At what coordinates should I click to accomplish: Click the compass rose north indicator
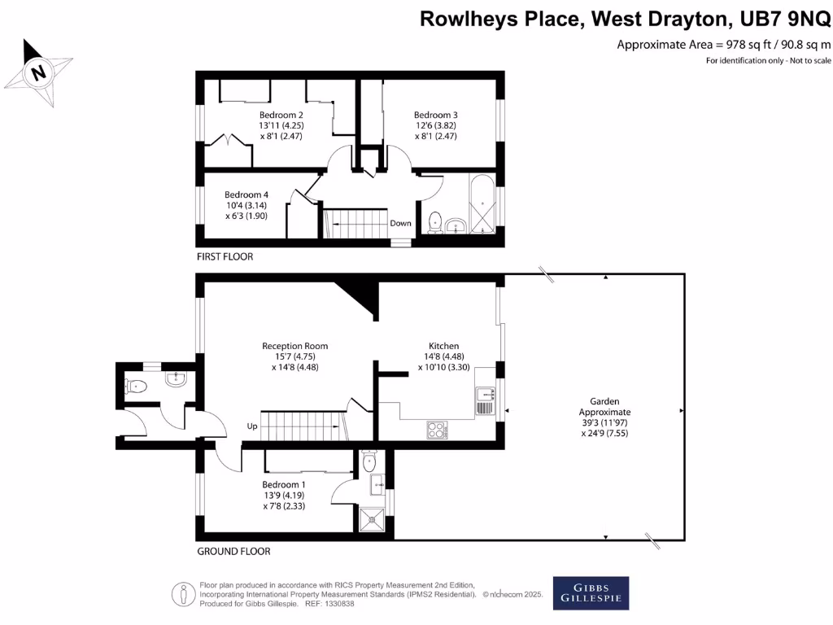pos(37,72)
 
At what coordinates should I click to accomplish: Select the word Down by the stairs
pos(400,223)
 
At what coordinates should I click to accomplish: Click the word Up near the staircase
pos(253,426)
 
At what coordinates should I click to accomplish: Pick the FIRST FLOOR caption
pos(225,256)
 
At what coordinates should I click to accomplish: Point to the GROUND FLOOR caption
pos(233,551)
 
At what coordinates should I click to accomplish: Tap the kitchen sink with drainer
pos(485,400)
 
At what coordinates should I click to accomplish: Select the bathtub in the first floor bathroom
pos(482,203)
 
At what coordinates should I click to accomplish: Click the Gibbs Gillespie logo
pos(591,592)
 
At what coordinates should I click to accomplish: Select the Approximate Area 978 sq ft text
pos(724,44)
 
